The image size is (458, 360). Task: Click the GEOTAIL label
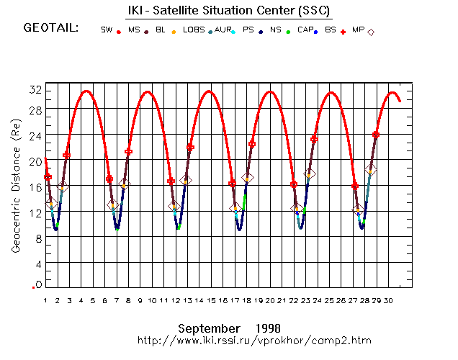coord(51,29)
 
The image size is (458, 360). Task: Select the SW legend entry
coord(107,30)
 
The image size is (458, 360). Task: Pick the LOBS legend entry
coord(194,30)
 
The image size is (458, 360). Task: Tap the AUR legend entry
coord(223,30)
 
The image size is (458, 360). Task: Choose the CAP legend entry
coord(305,30)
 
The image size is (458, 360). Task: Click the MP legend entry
coord(358,30)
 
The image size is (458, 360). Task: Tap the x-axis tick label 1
coord(45,300)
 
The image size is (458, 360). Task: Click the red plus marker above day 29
coord(376,135)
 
